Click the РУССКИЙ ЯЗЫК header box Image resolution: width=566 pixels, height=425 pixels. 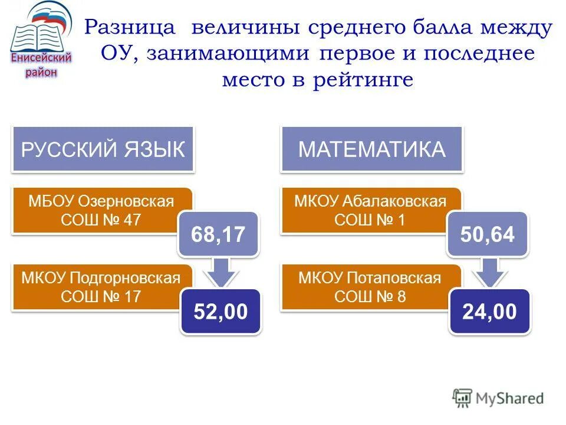click(x=103, y=149)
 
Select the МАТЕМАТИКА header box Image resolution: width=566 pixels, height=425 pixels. click(x=371, y=149)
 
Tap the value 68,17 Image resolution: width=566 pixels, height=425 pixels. click(x=218, y=234)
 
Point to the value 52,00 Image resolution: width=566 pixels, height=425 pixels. click(x=221, y=312)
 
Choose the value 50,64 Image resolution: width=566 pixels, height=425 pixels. click(x=488, y=234)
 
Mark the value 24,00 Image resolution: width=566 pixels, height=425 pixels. click(x=489, y=312)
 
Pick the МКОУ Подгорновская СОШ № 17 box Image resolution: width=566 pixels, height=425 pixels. click(x=97, y=287)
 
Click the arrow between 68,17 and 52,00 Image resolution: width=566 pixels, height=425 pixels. click(x=219, y=273)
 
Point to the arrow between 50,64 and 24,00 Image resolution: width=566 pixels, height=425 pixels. click(x=488, y=273)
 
